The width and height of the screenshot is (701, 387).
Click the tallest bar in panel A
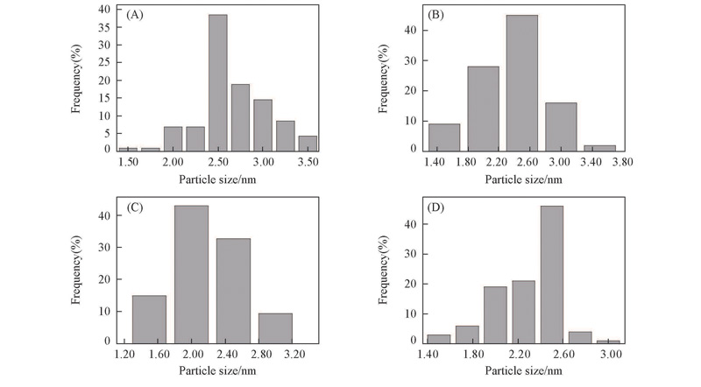click(218, 82)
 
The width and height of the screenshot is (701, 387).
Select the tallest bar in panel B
click(522, 82)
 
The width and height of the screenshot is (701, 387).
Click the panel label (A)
click(136, 16)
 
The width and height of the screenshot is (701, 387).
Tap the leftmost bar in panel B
click(443, 137)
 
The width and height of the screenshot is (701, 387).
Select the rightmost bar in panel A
click(308, 143)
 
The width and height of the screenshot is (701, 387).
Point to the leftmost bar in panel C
click(149, 319)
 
